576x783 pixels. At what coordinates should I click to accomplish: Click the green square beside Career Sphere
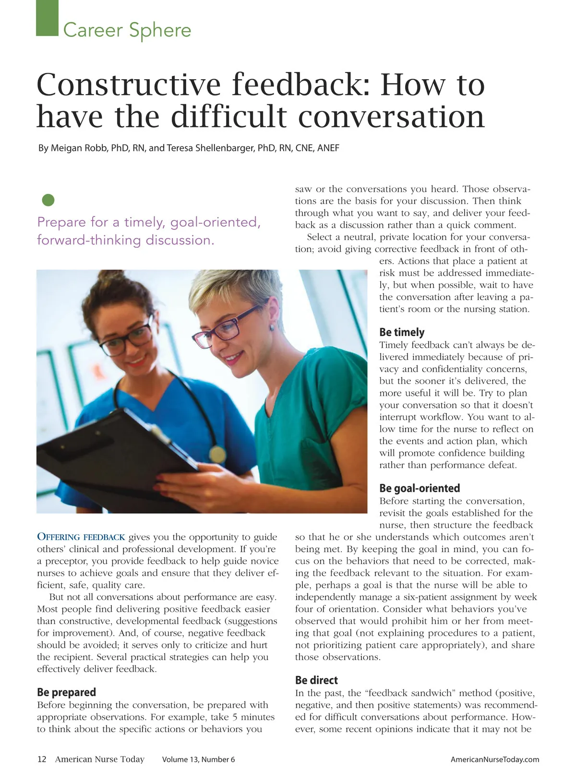(47, 18)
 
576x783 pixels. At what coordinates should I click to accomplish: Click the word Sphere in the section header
(160, 30)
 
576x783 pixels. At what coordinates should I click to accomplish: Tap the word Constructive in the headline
(129, 84)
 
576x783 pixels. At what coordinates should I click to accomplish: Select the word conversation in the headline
(391, 117)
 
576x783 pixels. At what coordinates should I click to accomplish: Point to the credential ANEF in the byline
(328, 148)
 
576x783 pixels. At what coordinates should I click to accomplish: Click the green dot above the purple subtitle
(48, 200)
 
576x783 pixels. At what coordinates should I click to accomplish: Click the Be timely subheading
(402, 332)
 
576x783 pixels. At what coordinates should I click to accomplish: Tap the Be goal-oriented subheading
(420, 488)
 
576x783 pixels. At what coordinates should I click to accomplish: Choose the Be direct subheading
(316, 680)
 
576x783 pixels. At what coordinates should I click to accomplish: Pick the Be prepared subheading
(66, 692)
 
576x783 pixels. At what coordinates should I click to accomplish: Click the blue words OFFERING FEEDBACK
(81, 537)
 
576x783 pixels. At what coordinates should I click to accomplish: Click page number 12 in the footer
(42, 759)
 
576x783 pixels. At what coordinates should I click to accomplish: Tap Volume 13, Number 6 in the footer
(198, 759)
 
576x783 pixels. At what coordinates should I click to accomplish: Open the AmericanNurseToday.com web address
(494, 759)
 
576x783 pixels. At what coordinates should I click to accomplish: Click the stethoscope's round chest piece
(217, 454)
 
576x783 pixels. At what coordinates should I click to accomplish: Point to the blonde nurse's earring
(272, 327)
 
